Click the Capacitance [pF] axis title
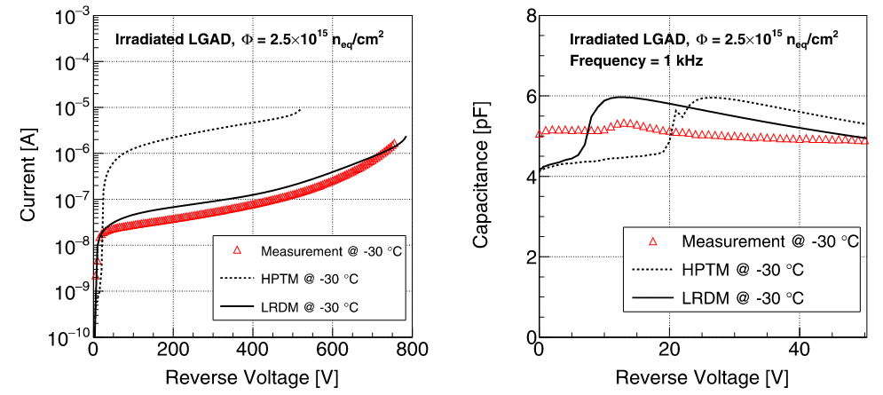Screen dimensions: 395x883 coord(482,175)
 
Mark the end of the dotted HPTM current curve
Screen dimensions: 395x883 coord(301,109)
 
